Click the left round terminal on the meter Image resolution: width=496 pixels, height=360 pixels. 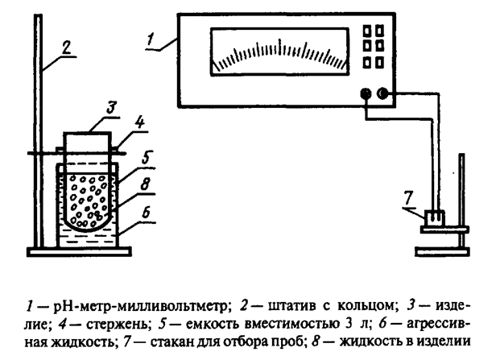(x=366, y=94)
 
